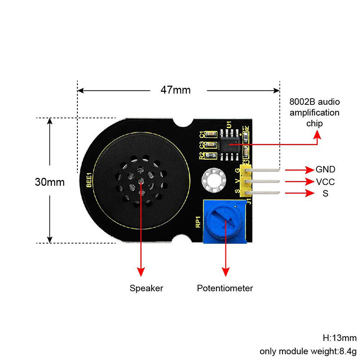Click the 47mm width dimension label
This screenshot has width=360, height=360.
coord(175,90)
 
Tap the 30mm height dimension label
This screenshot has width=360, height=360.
coord(50,182)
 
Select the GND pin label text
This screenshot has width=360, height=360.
coord(325,170)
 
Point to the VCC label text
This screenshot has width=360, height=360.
coord(325,182)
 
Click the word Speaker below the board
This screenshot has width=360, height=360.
coord(146,288)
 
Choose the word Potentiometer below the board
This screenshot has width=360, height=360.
coord(225,288)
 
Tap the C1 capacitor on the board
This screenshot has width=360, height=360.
coord(210,134)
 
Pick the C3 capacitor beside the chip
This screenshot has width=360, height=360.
coord(210,144)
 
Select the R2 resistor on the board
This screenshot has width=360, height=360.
coord(209,155)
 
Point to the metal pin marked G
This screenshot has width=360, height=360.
coord(265,170)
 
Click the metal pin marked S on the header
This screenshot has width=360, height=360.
coord(265,193)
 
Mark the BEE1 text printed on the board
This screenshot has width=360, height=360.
coord(89,180)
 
